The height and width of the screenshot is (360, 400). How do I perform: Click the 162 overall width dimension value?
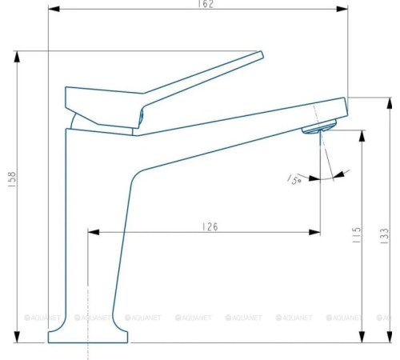[198, 4]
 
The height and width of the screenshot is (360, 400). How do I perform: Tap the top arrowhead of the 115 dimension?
[363, 130]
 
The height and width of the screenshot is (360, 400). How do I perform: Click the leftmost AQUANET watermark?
[44, 318]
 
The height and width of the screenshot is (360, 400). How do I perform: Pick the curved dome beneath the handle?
[74, 120]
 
